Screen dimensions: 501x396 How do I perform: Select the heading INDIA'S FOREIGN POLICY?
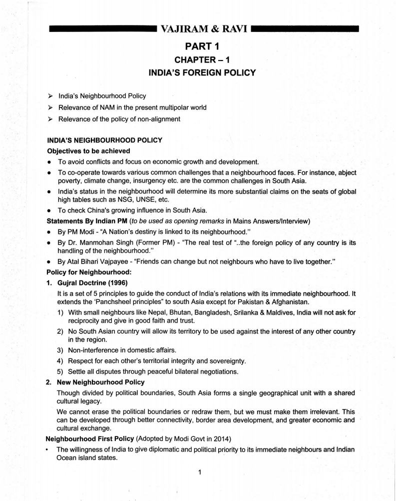tap(202, 72)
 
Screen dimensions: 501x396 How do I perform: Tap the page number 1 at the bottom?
tap(199, 472)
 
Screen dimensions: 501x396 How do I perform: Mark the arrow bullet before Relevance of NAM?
tap(49, 107)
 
